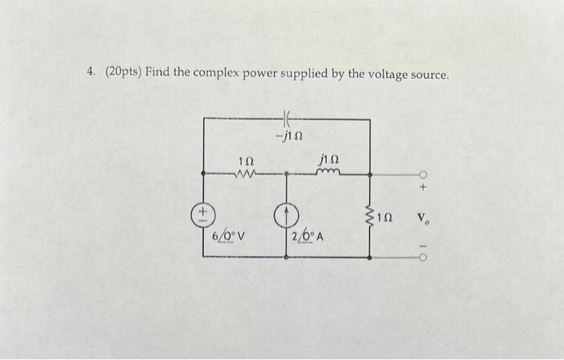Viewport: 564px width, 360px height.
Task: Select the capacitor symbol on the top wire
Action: [x=287, y=120]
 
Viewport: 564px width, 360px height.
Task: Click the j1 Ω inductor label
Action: [x=330, y=160]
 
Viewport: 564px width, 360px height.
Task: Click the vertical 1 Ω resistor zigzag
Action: [x=370, y=215]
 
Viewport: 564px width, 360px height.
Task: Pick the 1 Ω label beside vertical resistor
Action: [x=387, y=216]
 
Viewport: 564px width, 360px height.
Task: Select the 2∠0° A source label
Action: [x=307, y=236]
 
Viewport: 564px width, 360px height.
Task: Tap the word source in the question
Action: [x=428, y=74]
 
